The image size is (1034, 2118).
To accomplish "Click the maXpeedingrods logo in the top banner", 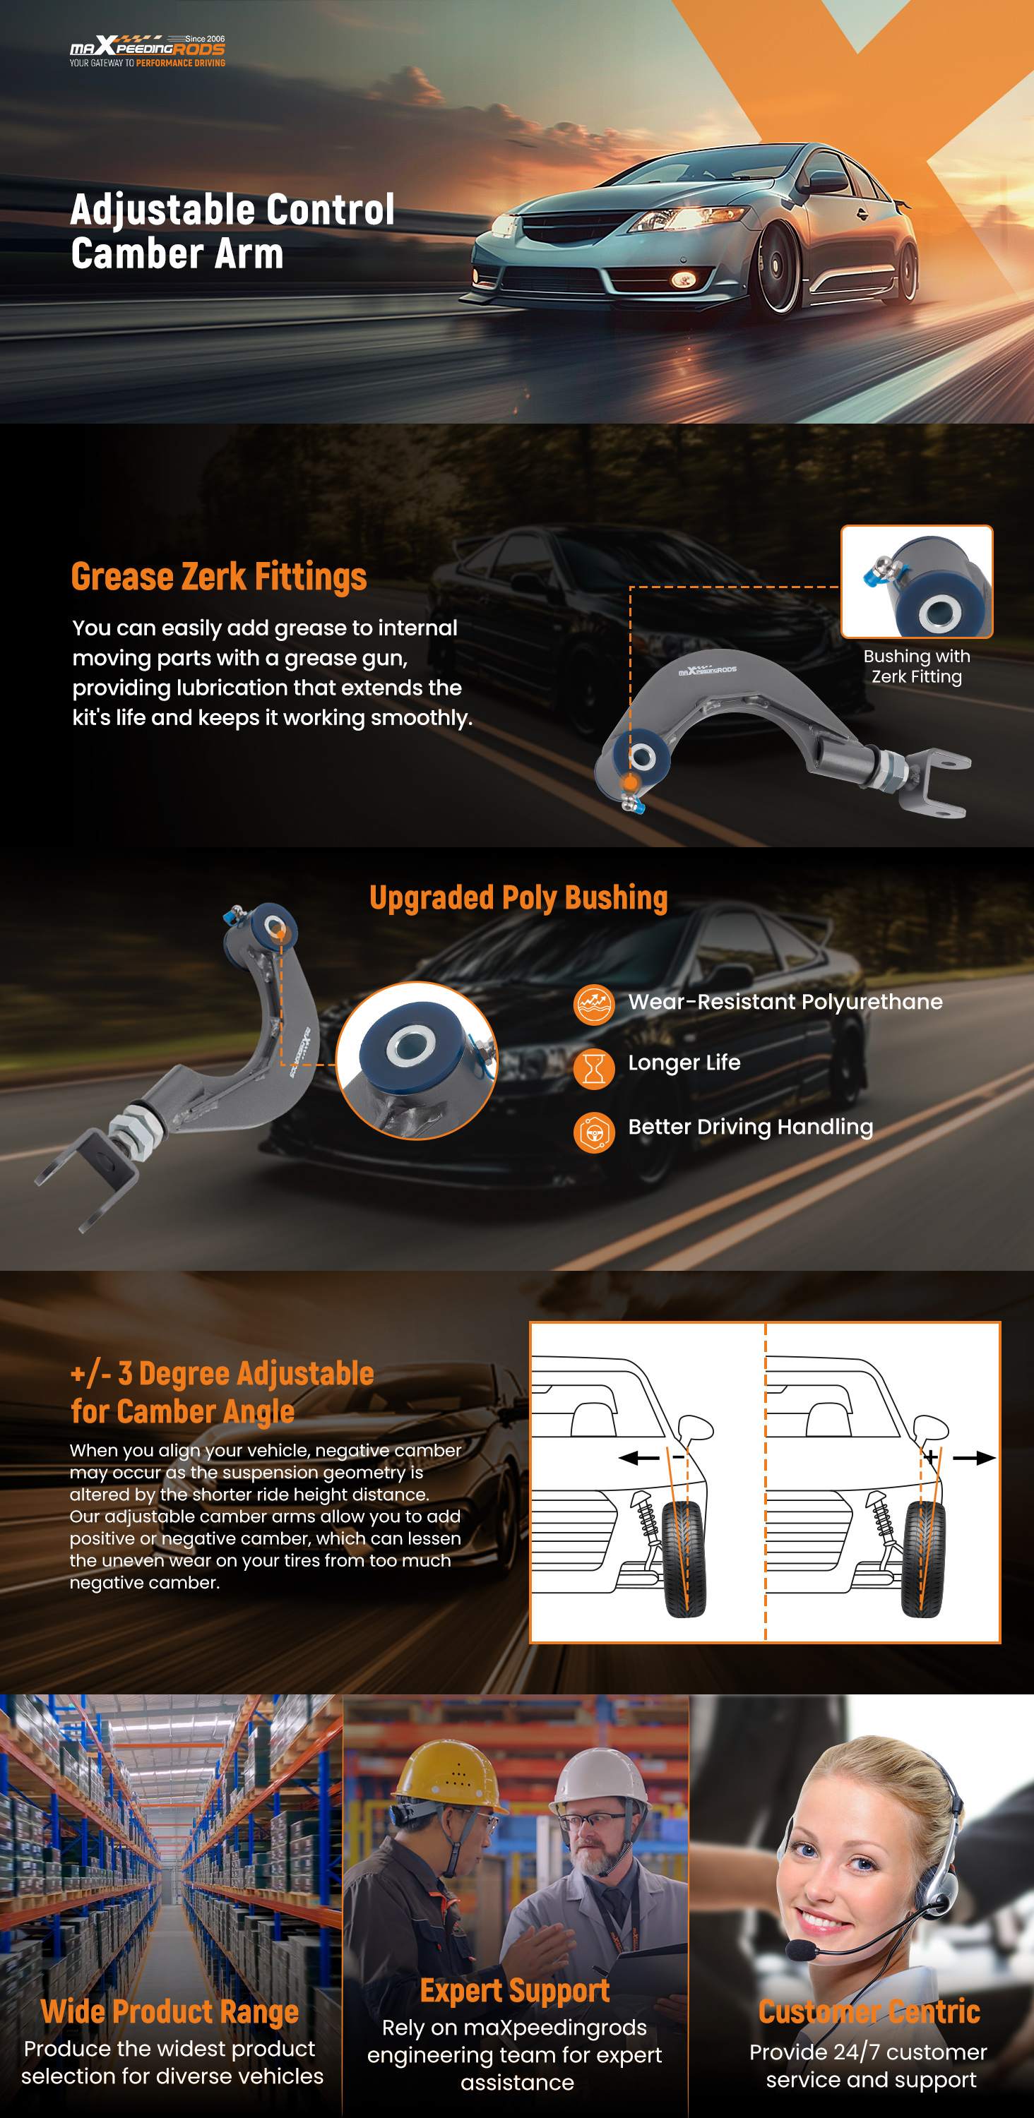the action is click(147, 50).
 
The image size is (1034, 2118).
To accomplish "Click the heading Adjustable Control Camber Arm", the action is click(233, 231).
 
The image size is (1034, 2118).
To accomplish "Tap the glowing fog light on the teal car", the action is click(683, 280).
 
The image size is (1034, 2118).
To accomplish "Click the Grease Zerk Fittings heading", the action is click(219, 576).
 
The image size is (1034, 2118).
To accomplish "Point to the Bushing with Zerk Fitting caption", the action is click(916, 666).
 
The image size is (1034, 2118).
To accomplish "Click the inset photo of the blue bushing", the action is click(916, 581).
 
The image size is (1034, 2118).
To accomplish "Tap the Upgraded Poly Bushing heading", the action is click(518, 898).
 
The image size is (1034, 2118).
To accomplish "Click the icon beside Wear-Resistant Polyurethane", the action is click(594, 1004).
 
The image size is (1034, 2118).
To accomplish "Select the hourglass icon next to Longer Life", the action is click(594, 1069).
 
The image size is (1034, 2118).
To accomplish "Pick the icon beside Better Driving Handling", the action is click(594, 1133).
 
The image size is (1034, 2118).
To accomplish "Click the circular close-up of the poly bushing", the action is click(417, 1060).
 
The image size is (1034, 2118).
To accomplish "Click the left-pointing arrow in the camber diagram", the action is click(638, 1458).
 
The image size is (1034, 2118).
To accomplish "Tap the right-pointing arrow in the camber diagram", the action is click(975, 1458).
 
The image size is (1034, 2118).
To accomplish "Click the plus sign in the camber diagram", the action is click(930, 1458).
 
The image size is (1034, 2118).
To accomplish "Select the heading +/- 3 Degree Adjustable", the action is click(222, 1373).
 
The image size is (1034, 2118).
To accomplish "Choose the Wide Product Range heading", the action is click(170, 2011).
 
